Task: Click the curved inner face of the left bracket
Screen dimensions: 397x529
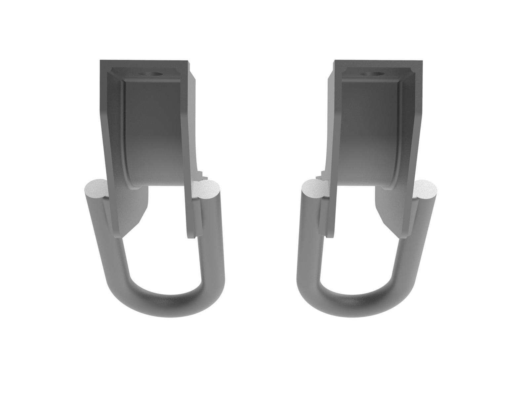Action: coord(155,132)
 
